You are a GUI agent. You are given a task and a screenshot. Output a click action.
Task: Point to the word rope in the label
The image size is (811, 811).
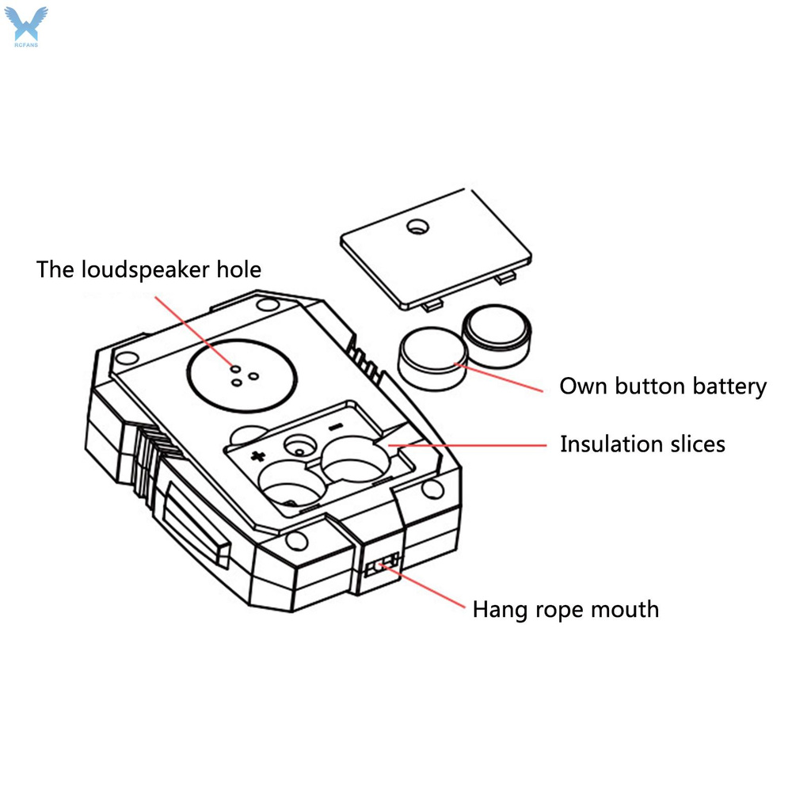coord(550,609)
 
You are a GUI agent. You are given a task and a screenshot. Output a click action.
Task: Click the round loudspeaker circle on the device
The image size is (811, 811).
coord(243,370)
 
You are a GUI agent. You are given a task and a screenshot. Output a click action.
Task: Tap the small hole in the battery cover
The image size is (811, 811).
coord(417,228)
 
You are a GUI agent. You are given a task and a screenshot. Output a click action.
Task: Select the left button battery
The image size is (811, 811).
coord(433,359)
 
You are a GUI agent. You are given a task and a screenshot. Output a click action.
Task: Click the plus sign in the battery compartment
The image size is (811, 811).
coord(257,455)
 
